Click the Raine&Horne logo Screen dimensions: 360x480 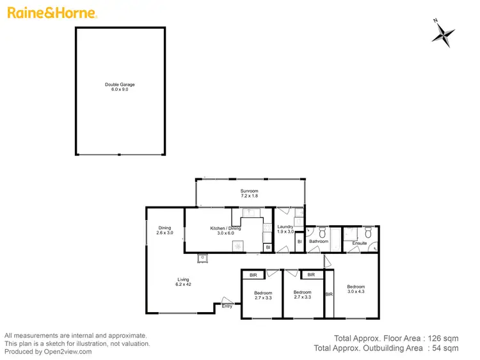coord(51,13)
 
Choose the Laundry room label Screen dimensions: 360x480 coord(285,226)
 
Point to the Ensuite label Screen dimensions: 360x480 coord(360,243)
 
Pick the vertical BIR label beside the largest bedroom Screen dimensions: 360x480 coord(329,295)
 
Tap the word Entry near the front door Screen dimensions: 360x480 coord(227,306)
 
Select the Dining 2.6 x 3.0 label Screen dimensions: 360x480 coord(164,230)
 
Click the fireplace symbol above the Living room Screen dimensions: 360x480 coord(203,258)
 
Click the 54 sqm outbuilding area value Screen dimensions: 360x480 coord(446,348)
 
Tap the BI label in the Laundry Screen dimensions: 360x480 coord(300,241)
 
